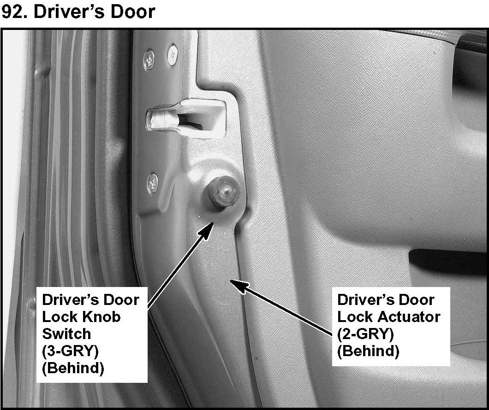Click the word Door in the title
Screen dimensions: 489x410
(132, 12)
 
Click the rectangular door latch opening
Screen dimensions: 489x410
(189, 119)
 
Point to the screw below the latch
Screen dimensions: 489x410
(153, 182)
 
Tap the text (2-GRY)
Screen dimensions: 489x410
(365, 334)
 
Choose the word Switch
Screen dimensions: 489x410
(66, 334)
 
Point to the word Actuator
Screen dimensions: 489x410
(409, 317)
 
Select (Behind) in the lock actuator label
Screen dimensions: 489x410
(368, 351)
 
